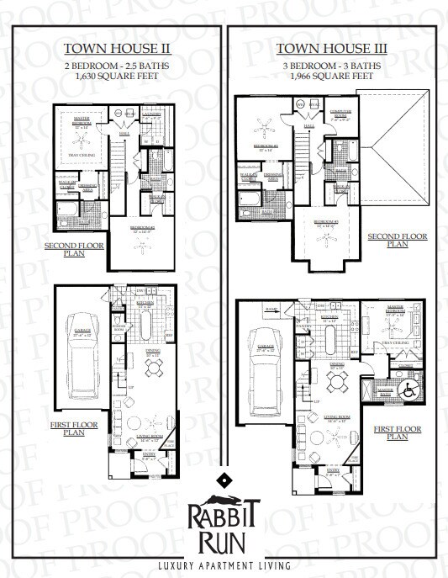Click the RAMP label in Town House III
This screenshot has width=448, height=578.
pos(249,310)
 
